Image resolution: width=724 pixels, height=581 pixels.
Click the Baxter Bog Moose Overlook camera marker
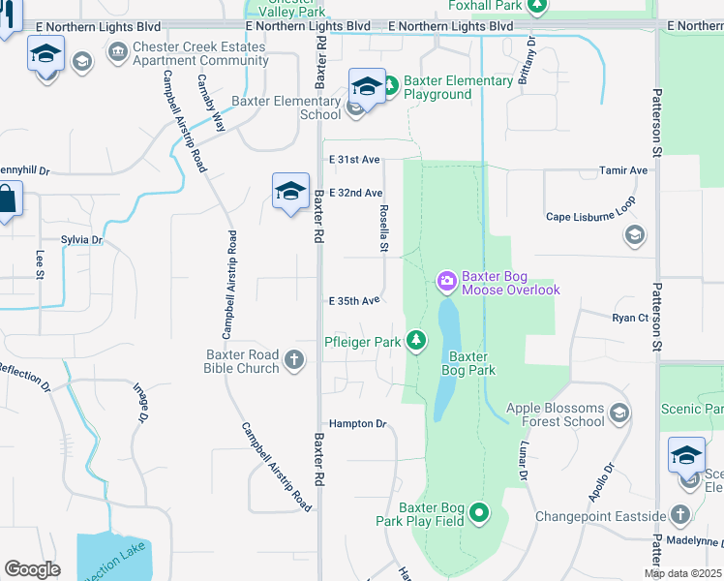point(447,282)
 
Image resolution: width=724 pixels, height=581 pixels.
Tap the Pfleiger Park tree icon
point(415,340)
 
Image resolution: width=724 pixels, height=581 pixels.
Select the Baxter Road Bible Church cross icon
point(294,361)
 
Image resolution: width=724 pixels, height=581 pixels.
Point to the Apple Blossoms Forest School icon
point(620,414)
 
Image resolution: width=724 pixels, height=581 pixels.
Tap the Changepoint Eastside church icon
point(680,513)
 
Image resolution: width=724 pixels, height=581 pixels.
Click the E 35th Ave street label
point(354,301)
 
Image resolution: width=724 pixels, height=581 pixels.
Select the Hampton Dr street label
point(357,424)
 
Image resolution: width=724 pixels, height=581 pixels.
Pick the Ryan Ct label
point(629,318)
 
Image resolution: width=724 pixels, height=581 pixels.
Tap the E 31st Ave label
point(354,159)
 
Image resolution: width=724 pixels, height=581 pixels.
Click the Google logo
point(33,569)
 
